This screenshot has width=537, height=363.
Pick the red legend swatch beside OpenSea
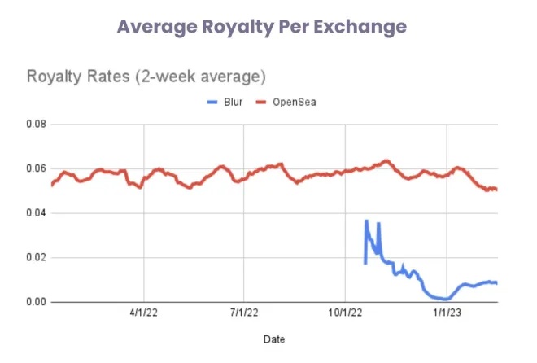click(x=261, y=103)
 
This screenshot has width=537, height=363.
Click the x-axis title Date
click(x=274, y=338)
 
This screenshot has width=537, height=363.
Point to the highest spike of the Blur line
click(x=366, y=221)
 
